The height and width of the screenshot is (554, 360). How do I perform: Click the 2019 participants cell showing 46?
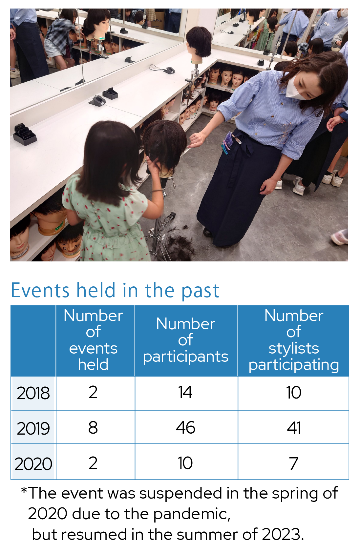[185, 428]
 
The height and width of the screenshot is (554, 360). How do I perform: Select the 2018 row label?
[33, 393]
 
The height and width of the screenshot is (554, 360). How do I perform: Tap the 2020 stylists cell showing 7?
[293, 463]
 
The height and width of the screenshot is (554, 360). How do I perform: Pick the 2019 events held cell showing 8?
[93, 428]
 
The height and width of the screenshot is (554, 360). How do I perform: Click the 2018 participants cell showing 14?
[185, 393]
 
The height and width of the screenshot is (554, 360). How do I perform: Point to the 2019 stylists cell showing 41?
[294, 428]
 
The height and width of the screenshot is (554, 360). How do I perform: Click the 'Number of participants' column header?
[185, 340]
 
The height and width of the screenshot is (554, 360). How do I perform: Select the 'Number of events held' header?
[93, 340]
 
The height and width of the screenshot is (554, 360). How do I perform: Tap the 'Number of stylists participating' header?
[294, 340]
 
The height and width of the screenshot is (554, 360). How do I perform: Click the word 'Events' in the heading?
[40, 290]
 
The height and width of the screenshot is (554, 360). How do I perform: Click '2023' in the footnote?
[281, 535]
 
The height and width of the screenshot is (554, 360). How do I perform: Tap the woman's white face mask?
[296, 88]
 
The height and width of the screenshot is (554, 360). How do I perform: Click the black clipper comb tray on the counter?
[25, 134]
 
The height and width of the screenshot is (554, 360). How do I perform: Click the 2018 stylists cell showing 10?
[294, 393]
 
